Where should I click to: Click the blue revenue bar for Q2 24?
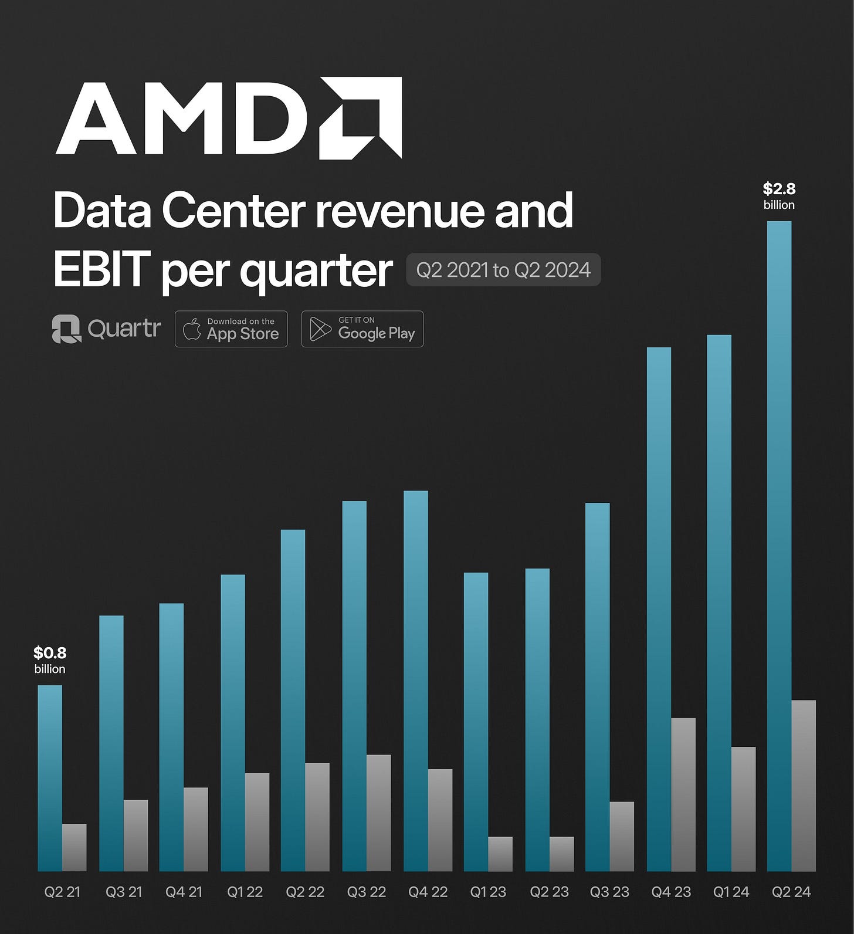coord(779,546)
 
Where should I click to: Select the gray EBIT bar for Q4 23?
coord(683,794)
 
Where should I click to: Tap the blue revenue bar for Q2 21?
coord(50,778)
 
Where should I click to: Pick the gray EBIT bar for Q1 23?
coord(500,854)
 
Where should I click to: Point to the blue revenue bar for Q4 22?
coord(416,681)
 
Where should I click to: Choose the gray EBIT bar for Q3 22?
coord(378,813)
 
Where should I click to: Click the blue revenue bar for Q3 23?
coord(597,686)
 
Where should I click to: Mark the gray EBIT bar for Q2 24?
coord(804,786)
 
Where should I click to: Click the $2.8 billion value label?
coord(779,196)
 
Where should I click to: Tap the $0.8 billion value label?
coord(50,660)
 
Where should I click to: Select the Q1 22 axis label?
coord(245,892)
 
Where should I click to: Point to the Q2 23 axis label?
coord(549,892)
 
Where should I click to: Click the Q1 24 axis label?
coord(731,892)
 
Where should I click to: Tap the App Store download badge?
coord(231,329)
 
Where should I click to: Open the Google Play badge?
coord(362,329)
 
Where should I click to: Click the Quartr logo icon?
coord(66,329)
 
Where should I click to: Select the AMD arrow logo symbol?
coord(361,117)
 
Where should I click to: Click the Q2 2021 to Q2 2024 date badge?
coord(503,270)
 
